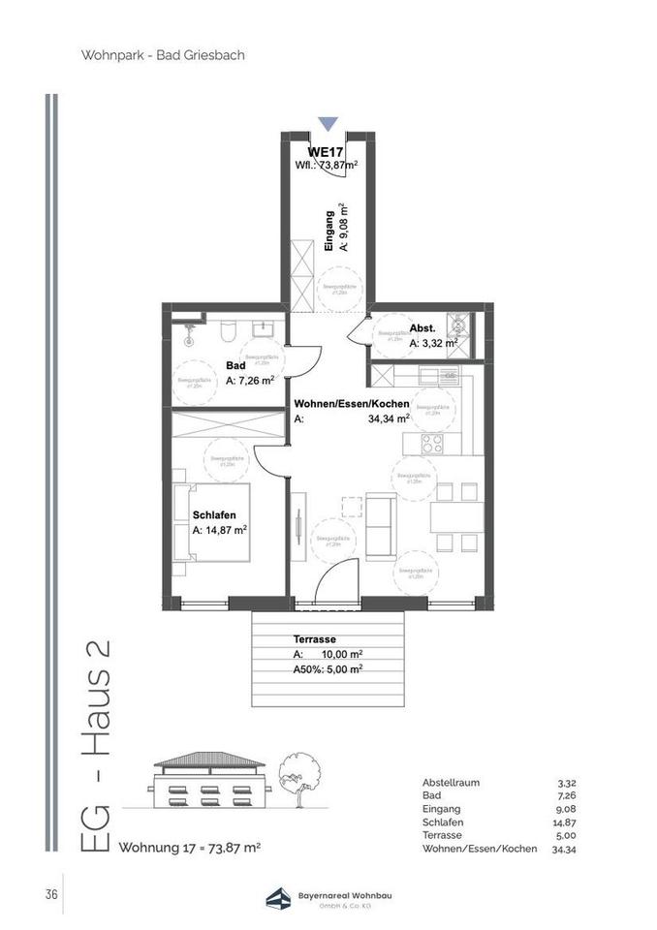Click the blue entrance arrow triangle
[x=328, y=123]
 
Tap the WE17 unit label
[x=326, y=152]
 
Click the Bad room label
[x=235, y=365]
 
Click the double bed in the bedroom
[x=215, y=521]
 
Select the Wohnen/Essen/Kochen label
[x=352, y=404]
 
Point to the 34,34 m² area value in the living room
[x=389, y=418]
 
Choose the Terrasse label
[x=314, y=640]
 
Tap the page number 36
[x=49, y=894]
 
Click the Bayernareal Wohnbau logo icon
[x=280, y=897]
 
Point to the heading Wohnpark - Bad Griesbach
[x=163, y=55]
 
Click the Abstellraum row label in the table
[x=451, y=783]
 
